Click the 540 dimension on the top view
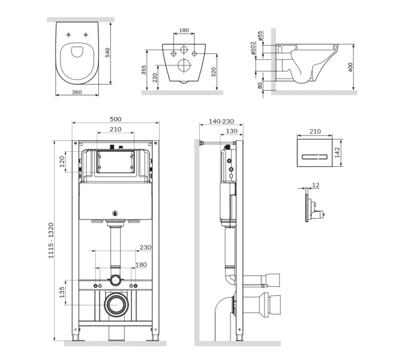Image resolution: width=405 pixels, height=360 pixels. (x=107, y=53)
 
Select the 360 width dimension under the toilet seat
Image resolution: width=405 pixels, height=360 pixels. (x=76, y=92)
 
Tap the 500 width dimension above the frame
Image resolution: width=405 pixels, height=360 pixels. (x=115, y=120)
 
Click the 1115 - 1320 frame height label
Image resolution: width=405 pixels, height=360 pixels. (x=58, y=240)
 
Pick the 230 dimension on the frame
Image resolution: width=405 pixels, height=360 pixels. (x=145, y=247)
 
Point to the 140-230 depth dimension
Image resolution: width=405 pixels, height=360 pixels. (x=222, y=121)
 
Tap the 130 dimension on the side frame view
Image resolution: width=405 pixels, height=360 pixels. (x=231, y=131)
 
